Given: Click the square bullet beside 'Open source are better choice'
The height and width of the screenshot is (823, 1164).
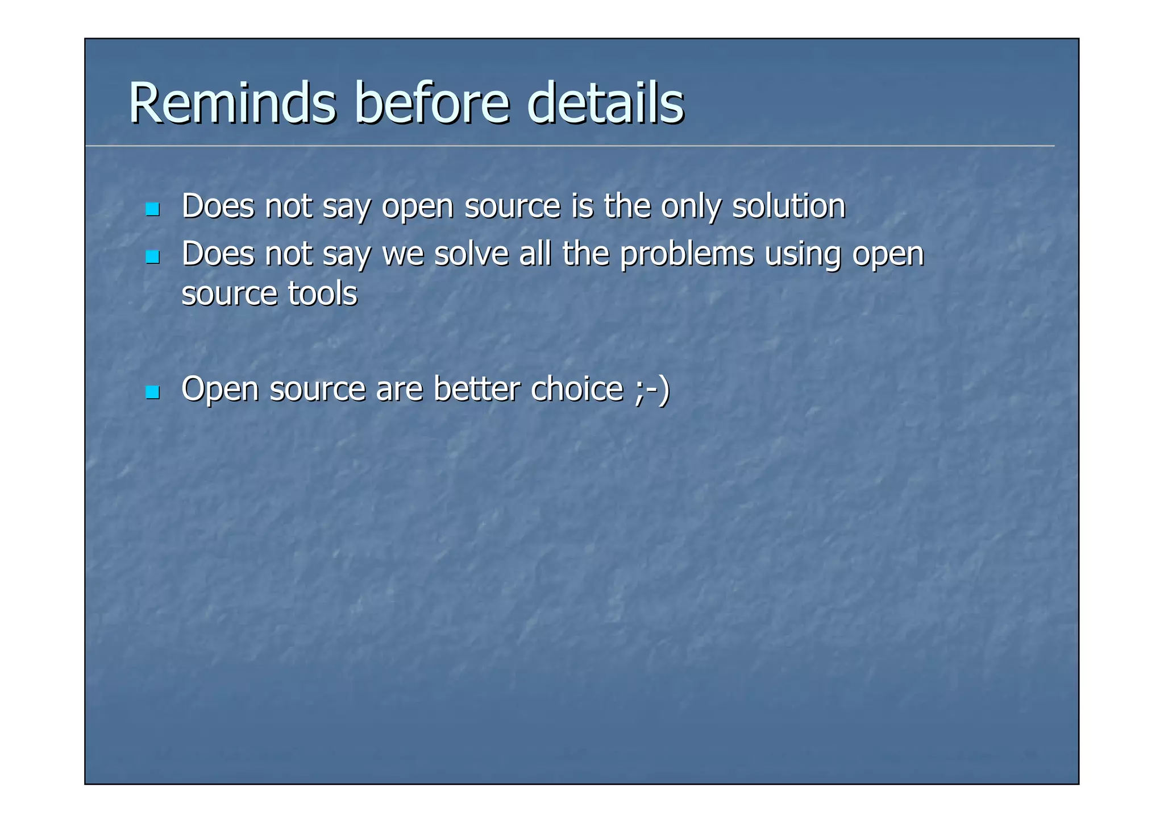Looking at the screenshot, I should point(152,392).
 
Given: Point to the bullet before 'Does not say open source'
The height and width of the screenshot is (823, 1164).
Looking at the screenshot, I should point(152,209).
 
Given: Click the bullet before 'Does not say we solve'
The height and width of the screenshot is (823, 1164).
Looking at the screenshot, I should point(152,257).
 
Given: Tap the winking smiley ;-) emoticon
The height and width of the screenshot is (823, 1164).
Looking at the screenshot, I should point(653,390).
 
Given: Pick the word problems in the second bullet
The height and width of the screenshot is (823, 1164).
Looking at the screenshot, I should point(686,255).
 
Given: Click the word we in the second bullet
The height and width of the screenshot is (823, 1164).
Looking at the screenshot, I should point(402,255).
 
